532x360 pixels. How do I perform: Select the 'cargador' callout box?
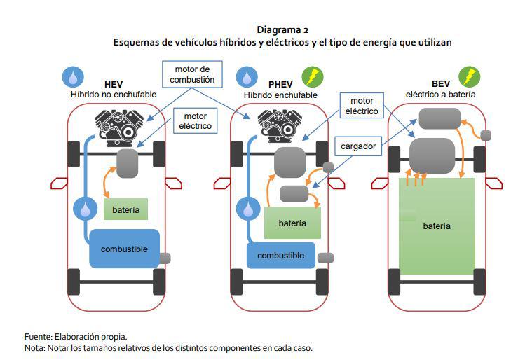[359, 147]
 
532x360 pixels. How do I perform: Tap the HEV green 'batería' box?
[125, 209]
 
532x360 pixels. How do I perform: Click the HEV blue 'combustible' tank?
[124, 249]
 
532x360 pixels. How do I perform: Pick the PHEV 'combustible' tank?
[280, 256]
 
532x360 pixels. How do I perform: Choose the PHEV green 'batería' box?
[292, 223]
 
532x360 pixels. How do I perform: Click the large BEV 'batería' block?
[437, 226]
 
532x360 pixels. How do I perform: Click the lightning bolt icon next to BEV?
[469, 76]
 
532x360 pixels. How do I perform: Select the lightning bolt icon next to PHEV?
[312, 76]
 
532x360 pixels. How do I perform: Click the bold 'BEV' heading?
[441, 83]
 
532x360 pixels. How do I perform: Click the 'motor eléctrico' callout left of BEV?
[362, 106]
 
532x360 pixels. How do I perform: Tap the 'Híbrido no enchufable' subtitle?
[114, 95]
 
